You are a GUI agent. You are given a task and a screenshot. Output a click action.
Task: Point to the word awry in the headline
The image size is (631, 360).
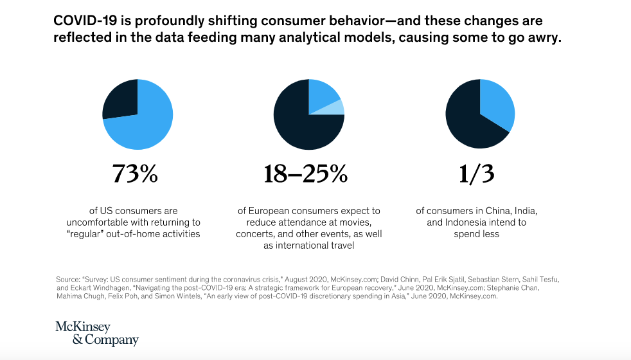546,37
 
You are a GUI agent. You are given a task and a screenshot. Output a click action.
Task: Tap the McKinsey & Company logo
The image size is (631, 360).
96,333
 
